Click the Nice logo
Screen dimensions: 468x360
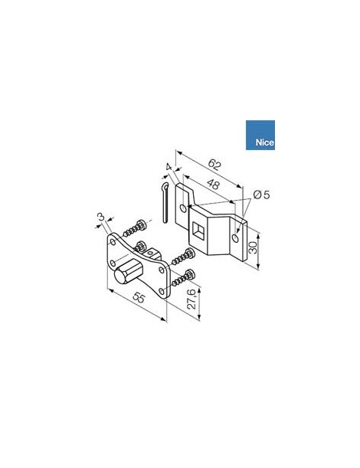click(x=260, y=136)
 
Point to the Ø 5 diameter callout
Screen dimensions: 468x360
click(x=260, y=195)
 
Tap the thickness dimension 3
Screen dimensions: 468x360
click(x=100, y=219)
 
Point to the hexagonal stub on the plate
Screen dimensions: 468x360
click(x=126, y=273)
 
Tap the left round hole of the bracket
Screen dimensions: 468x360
click(x=182, y=207)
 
